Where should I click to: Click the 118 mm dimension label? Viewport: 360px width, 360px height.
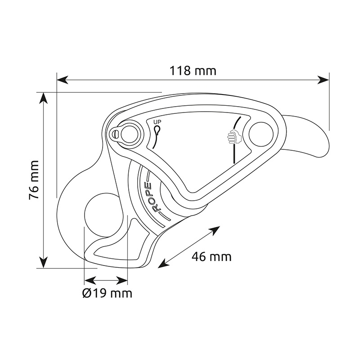[x=193, y=71]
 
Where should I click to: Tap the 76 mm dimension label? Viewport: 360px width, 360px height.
[x=34, y=180]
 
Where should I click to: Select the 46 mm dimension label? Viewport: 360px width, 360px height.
[x=211, y=256]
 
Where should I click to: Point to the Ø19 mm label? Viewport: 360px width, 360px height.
[x=107, y=293]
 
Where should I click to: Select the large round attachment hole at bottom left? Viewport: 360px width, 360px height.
[x=104, y=215]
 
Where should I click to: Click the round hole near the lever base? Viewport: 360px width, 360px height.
[x=261, y=134]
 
